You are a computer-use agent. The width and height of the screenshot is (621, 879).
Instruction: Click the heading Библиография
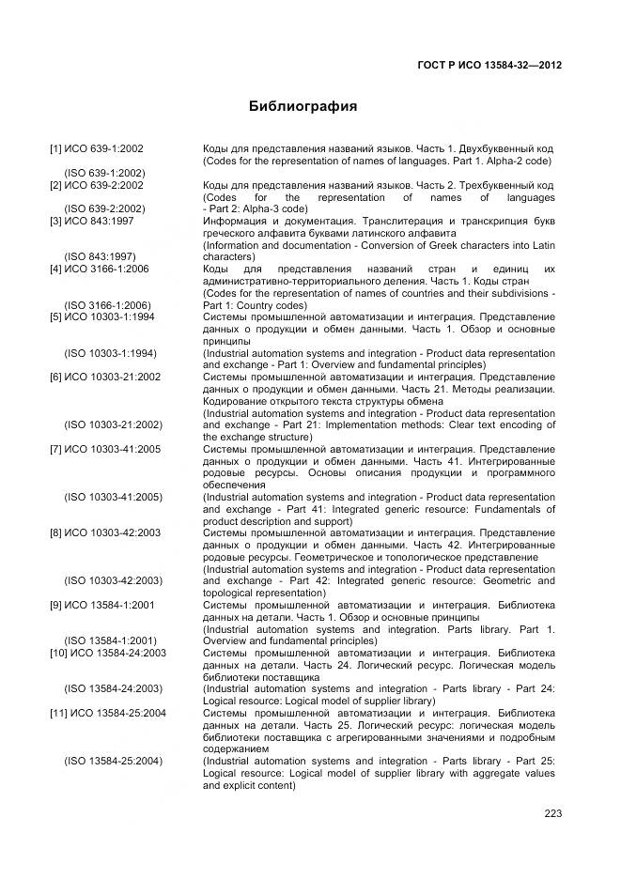pyautogui.click(x=303, y=106)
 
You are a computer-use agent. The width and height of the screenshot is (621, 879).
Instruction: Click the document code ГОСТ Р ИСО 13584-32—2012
pyautogui.click(x=489, y=65)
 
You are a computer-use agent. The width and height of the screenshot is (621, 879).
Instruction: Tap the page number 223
pyautogui.click(x=552, y=813)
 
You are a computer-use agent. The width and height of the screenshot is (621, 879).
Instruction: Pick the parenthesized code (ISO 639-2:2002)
pyautogui.click(x=103, y=209)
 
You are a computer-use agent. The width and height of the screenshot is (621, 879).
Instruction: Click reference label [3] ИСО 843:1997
pyautogui.click(x=92, y=221)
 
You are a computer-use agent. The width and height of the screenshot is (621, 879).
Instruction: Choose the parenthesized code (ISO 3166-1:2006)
pyautogui.click(x=106, y=305)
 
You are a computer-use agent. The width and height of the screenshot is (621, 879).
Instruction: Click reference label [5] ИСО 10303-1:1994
pyautogui.click(x=102, y=317)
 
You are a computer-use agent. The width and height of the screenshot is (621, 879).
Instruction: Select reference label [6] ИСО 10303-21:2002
pyautogui.click(x=105, y=378)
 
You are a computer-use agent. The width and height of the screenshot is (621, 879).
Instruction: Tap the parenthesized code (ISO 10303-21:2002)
pyautogui.click(x=113, y=425)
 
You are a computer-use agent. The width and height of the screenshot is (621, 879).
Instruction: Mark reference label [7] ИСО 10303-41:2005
pyautogui.click(x=105, y=450)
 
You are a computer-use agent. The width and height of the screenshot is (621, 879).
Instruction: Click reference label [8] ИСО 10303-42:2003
pyautogui.click(x=105, y=533)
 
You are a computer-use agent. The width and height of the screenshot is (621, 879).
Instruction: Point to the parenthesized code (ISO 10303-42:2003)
pyautogui.click(x=113, y=581)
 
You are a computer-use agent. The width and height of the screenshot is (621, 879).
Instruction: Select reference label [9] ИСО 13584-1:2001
pyautogui.click(x=102, y=606)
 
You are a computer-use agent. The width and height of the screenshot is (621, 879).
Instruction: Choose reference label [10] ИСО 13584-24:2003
pyautogui.click(x=108, y=653)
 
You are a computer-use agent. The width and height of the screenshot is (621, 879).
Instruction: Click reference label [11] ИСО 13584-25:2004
pyautogui.click(x=108, y=714)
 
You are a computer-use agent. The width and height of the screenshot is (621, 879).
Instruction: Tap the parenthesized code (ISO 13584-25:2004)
pyautogui.click(x=113, y=761)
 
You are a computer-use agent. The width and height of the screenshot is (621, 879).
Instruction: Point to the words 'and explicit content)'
pyautogui.click(x=249, y=785)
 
